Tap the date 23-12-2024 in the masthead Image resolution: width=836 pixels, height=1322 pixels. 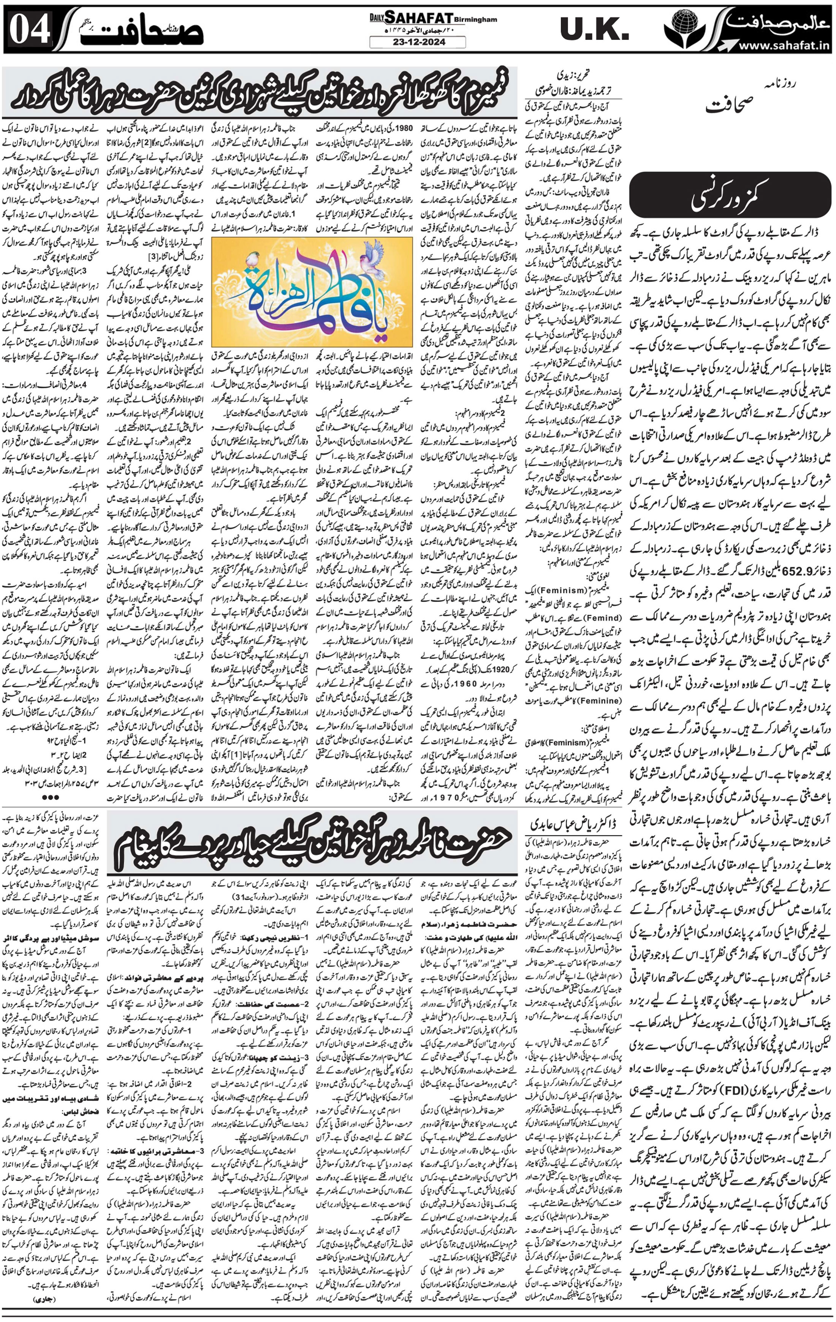[x=418, y=42]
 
